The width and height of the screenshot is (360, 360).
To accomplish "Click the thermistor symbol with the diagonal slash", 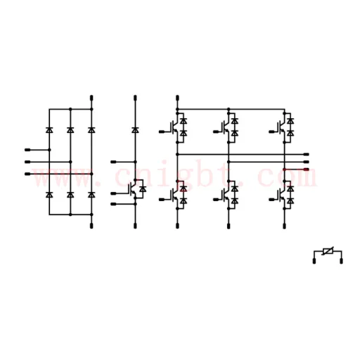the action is [x=328, y=251].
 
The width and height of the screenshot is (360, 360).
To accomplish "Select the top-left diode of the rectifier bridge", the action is [x=49, y=130].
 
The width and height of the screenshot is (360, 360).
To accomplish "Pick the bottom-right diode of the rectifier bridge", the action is [x=91, y=195].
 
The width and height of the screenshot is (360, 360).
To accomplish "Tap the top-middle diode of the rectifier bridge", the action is [x=70, y=130].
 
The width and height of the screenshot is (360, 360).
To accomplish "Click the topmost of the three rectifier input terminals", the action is [x=27, y=150].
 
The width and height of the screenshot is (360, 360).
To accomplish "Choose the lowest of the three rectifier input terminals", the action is [x=27, y=174].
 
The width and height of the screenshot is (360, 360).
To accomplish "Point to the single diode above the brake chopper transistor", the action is [x=135, y=130].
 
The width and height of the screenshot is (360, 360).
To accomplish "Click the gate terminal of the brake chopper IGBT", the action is [x=113, y=193].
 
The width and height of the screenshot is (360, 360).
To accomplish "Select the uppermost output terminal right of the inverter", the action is [x=307, y=154].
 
